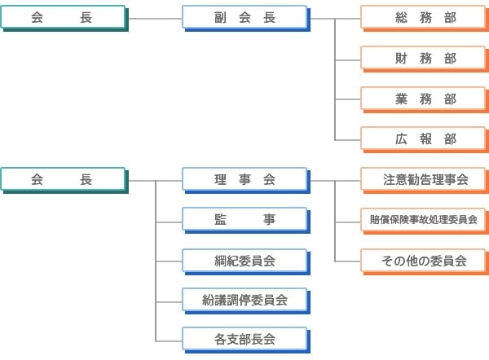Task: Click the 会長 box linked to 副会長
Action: point(64,18)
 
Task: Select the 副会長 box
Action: point(244,18)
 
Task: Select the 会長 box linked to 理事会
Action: point(64,180)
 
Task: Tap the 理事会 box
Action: point(244,180)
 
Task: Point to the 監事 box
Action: point(244,220)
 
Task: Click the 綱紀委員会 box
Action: point(244,261)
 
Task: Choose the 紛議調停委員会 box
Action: point(244,301)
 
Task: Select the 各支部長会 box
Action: point(244,338)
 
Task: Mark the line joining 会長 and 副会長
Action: point(155,18)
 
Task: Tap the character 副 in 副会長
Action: point(219,18)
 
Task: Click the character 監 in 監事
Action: point(221,220)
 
